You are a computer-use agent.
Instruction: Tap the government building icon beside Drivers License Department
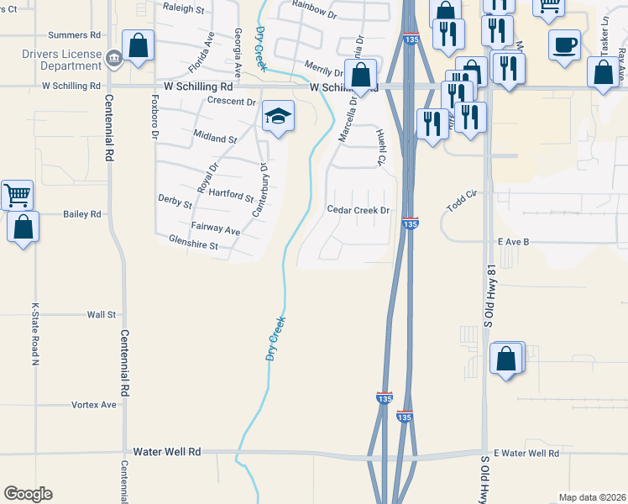[115, 58]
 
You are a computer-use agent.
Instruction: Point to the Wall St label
[101, 314]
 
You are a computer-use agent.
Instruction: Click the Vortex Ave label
[97, 405]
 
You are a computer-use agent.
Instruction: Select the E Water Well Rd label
[526, 454]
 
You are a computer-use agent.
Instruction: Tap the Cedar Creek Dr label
[358, 211]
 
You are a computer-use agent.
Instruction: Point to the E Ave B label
[514, 242]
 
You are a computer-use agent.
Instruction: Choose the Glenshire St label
[193, 245]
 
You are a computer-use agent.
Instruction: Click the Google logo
[28, 494]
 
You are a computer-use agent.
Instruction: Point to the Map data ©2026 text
[592, 497]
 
